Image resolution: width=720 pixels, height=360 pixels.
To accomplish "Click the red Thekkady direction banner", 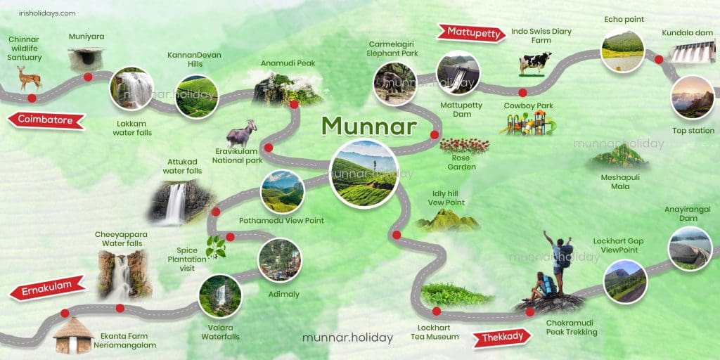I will click(x=503, y=337).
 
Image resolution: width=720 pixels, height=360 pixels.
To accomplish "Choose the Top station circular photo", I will click(x=693, y=97).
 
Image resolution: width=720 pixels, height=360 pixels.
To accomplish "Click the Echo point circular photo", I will click(x=623, y=50).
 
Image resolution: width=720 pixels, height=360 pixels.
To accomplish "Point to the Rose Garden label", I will click(x=462, y=162).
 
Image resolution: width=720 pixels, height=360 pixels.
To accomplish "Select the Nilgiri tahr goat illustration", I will click(x=242, y=133).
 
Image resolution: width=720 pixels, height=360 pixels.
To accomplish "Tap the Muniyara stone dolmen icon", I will click(x=86, y=59).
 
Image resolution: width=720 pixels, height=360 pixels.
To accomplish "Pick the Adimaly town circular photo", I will click(x=280, y=259).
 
